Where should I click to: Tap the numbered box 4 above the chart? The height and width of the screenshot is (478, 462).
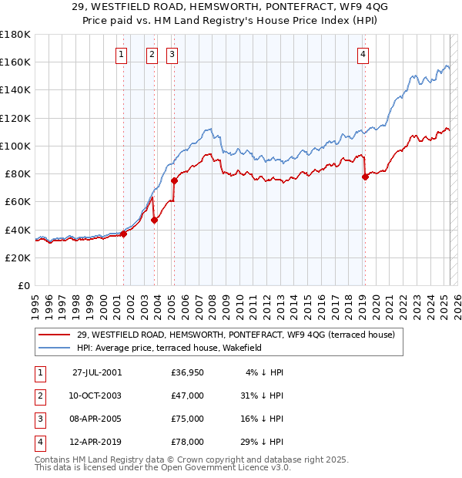(362, 54)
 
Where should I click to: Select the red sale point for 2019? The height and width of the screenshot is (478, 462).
(365, 177)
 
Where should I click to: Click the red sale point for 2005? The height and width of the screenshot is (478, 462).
(174, 181)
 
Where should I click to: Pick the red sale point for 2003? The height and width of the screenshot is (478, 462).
(155, 220)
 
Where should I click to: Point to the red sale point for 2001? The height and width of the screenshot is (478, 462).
(124, 234)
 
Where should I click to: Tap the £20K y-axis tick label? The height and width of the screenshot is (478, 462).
(18, 258)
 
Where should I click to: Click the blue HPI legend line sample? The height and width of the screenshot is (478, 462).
(54, 348)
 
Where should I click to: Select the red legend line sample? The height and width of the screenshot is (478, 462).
(54, 335)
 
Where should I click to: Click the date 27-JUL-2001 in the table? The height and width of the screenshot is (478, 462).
(97, 372)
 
